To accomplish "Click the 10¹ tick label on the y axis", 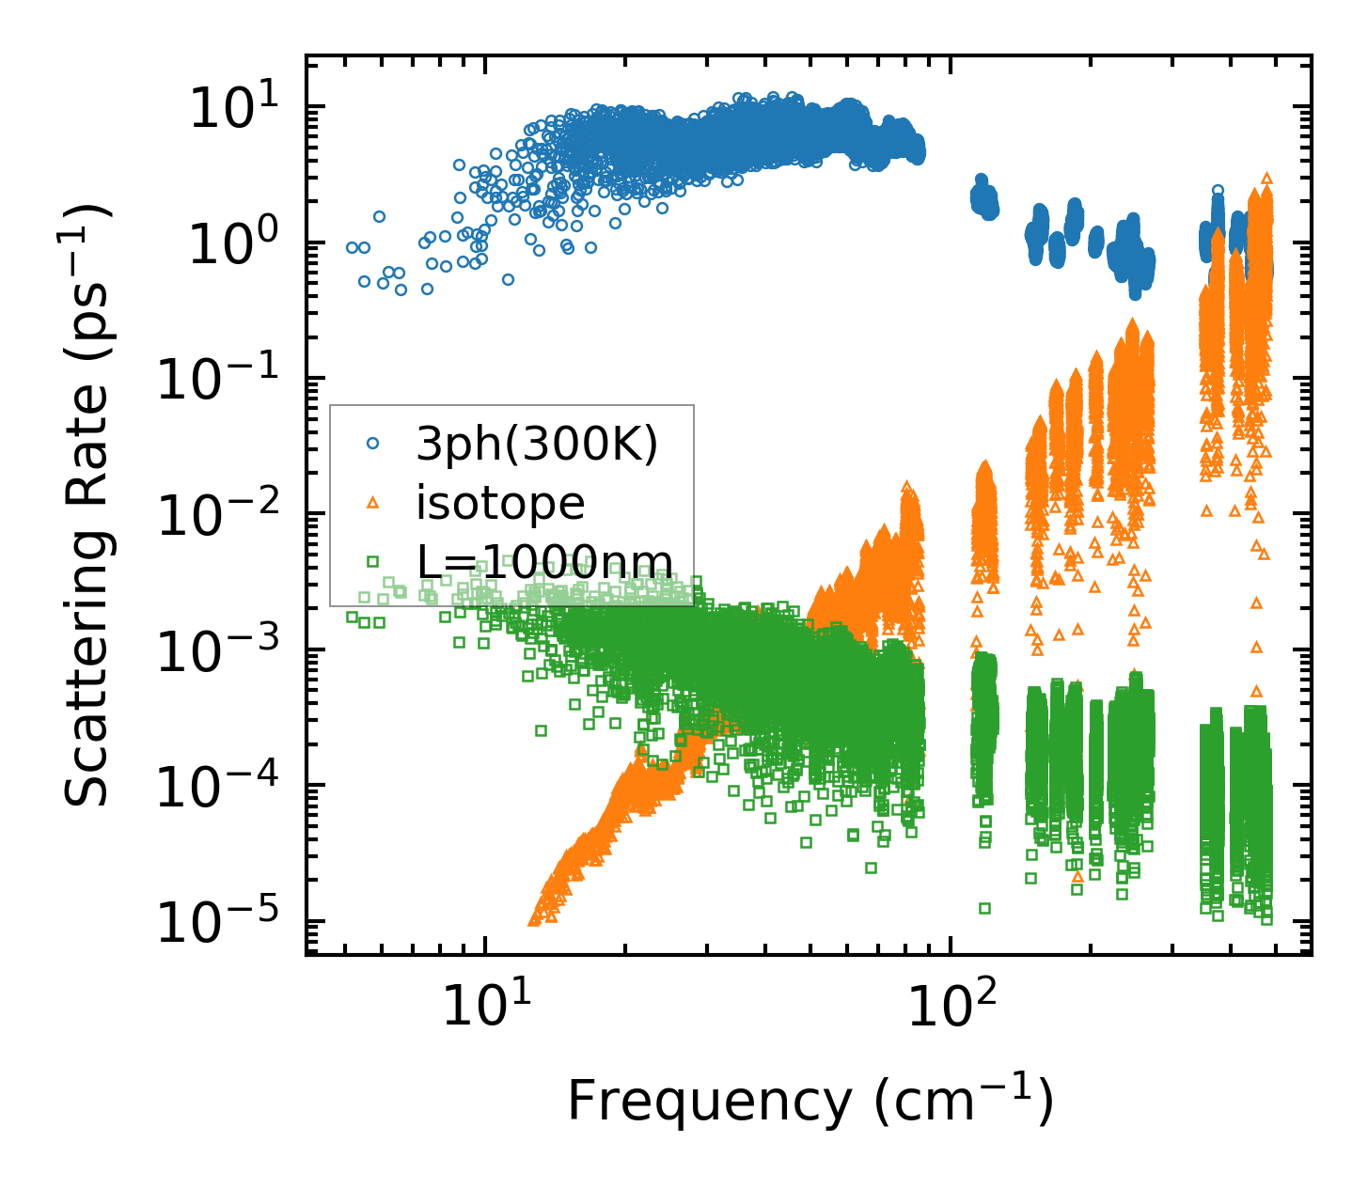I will [x=231, y=109].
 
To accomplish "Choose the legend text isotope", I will [x=500, y=503].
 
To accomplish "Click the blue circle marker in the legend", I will [x=373, y=442].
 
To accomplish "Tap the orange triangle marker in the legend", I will [x=373, y=502].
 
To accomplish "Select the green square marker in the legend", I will [x=373, y=561].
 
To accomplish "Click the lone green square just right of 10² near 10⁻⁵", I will [x=984, y=908].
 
